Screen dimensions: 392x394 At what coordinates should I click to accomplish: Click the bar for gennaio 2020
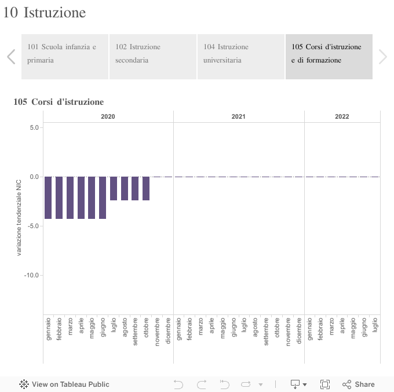pos(48,197)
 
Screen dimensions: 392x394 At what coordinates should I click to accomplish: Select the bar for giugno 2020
pos(103,197)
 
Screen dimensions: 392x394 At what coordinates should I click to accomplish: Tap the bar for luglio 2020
pos(114,188)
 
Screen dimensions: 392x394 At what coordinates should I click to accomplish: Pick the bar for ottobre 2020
pos(146,188)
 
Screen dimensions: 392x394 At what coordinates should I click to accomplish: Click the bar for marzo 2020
pos(70,197)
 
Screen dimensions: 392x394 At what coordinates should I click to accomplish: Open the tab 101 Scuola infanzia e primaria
pos(65,56)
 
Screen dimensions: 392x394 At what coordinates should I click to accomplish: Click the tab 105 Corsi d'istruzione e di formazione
pos(329,56)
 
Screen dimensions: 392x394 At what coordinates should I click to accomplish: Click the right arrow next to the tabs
pos(382,56)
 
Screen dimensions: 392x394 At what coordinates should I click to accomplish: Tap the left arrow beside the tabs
pos(11,56)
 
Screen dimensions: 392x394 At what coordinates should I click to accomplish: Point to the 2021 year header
pos(238,116)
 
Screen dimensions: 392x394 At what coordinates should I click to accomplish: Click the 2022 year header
pos(342,116)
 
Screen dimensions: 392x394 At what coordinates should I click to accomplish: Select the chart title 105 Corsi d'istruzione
pos(59,102)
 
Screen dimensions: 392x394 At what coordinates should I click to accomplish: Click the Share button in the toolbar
pos(359,384)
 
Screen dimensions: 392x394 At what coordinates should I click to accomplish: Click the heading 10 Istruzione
pos(44,12)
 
